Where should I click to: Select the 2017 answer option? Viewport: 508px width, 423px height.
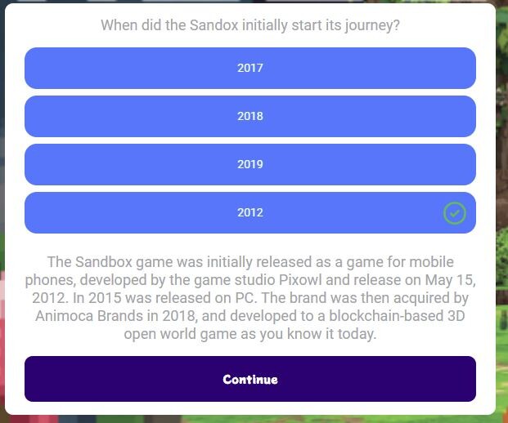[x=250, y=68]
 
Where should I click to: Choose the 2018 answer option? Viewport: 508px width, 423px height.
[x=250, y=116]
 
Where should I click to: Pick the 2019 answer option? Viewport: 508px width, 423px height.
[x=250, y=164]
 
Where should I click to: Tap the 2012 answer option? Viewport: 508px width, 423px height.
[x=250, y=212]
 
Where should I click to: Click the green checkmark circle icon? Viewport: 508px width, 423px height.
[x=455, y=213]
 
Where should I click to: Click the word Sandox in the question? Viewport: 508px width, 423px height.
[x=214, y=25]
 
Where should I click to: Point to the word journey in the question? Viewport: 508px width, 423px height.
[x=369, y=26]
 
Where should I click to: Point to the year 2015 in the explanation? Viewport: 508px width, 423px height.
[x=105, y=298]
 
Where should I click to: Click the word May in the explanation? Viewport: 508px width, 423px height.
[x=438, y=281]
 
